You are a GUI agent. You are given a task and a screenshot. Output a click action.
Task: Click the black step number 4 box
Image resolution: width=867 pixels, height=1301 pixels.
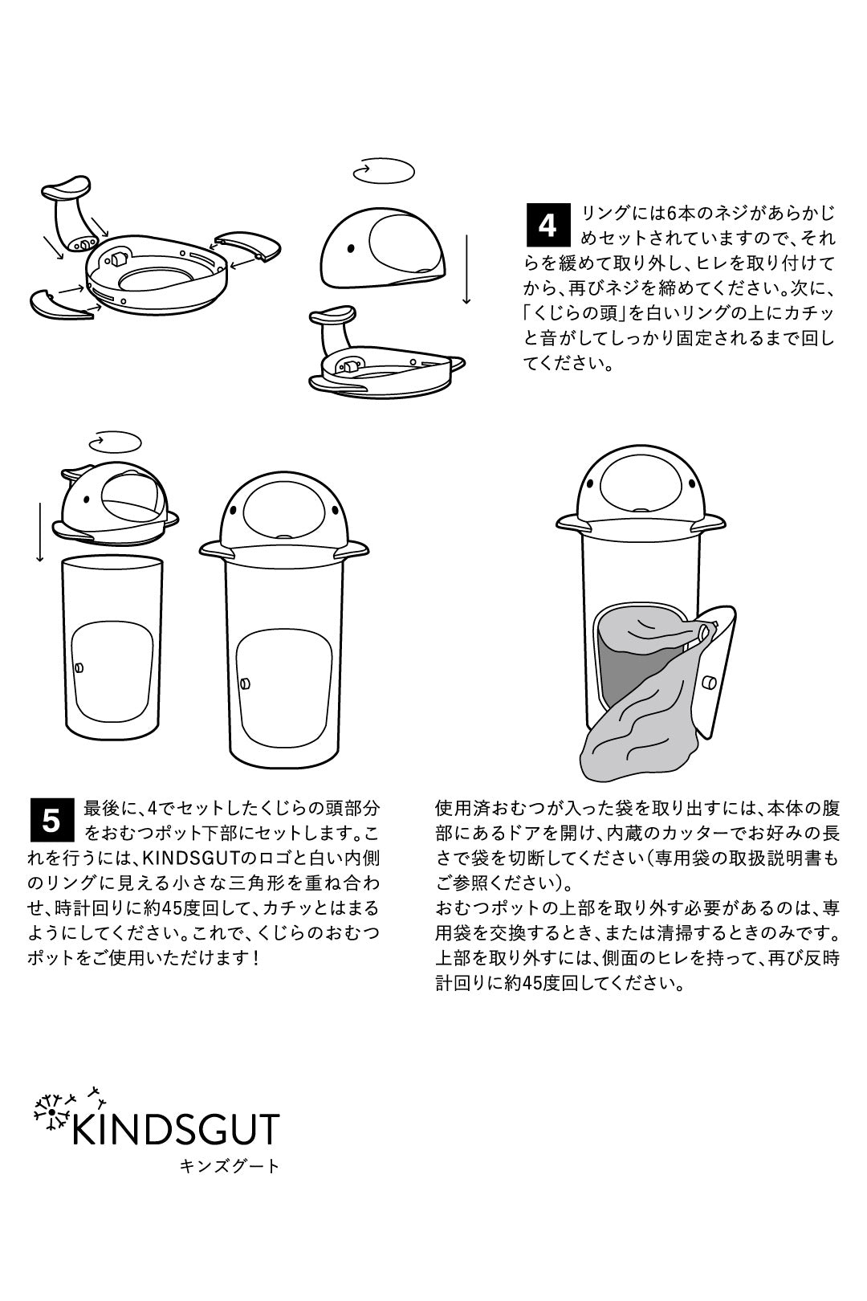pos(547,225)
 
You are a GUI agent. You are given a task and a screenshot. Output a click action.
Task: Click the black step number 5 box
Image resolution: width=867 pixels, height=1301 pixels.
pos(51,821)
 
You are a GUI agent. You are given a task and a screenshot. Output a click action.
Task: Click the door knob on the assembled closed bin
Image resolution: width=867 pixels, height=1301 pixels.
pos(243,683)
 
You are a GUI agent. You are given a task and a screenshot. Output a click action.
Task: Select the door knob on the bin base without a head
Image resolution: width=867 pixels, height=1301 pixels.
pos(79,667)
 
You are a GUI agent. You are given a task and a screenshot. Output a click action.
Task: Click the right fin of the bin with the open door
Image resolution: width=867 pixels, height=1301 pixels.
pos(709,524)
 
